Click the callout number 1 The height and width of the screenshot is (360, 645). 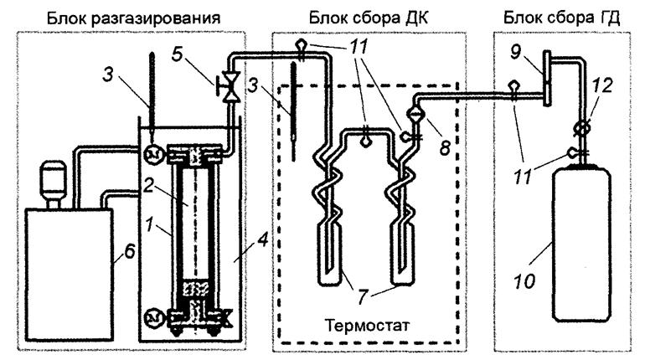[x=149, y=224]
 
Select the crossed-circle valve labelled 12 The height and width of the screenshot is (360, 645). [x=582, y=128]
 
